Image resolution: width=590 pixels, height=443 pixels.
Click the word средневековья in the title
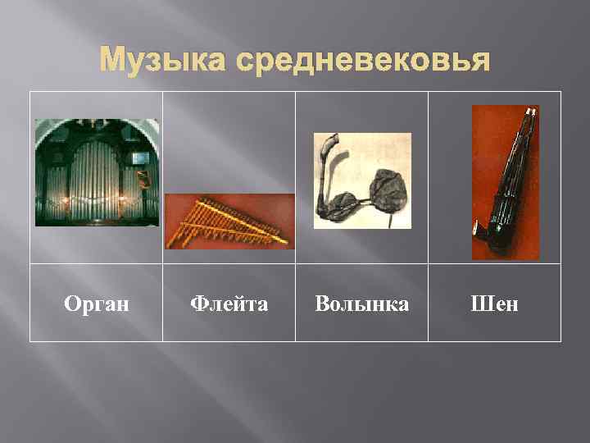[x=369, y=61]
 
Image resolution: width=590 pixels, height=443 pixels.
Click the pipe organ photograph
[x=97, y=172]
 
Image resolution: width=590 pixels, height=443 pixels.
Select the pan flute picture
[x=229, y=221]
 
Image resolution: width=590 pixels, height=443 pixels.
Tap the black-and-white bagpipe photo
[x=362, y=180]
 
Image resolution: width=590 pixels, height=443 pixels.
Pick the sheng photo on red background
[x=505, y=182]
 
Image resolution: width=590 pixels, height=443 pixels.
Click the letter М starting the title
[x=111, y=61]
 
